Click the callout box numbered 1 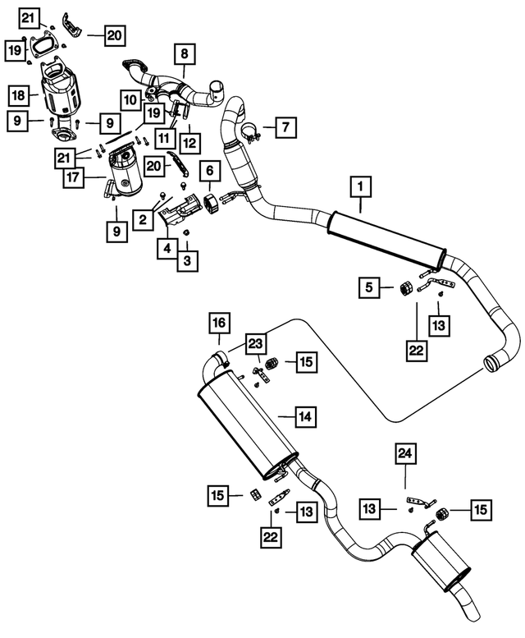click(360, 186)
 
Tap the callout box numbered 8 click(185, 53)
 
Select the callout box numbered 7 click(285, 127)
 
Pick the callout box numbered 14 click(305, 416)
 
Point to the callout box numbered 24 click(405, 453)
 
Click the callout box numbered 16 click(219, 323)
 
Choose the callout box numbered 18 click(18, 95)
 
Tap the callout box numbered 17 click(74, 178)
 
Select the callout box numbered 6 click(210, 171)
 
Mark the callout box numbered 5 click(369, 287)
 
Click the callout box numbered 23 click(256, 344)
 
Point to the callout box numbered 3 click(187, 261)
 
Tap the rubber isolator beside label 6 click(211, 203)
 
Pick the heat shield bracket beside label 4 click(180, 211)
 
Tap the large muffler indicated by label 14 click(247, 424)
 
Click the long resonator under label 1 click(387, 241)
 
